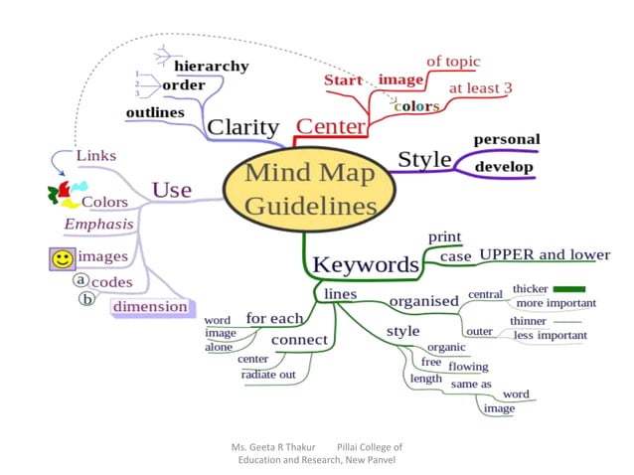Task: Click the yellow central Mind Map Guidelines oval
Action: [310, 189]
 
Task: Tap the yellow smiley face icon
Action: [63, 258]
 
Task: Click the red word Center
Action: [331, 127]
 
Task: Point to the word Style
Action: [424, 159]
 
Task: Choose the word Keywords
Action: [366, 264]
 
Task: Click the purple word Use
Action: [171, 189]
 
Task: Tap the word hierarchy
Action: [211, 66]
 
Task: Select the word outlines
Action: [155, 112]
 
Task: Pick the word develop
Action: [503, 167]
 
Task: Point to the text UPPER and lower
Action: [545, 255]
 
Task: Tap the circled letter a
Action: [82, 280]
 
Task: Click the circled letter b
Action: [86, 299]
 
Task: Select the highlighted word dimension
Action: [149, 306]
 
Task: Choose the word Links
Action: [95, 156]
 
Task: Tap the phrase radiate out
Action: [268, 375]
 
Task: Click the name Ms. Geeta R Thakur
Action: [272, 447]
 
